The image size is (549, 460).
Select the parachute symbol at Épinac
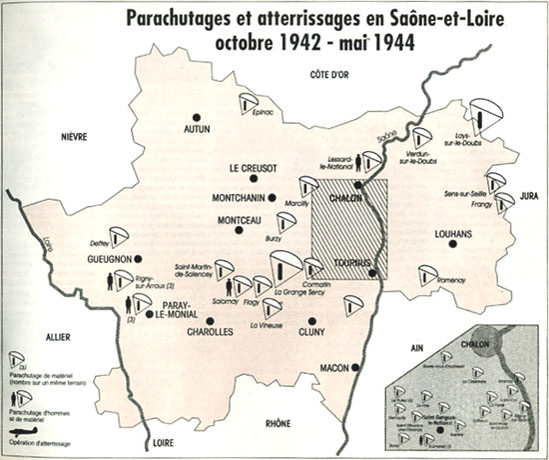click(248, 104)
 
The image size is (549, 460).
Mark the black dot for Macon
click(355, 368)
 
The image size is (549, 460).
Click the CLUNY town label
click(312, 346)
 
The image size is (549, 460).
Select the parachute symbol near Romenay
click(428, 273)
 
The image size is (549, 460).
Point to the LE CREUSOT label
click(259, 168)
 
